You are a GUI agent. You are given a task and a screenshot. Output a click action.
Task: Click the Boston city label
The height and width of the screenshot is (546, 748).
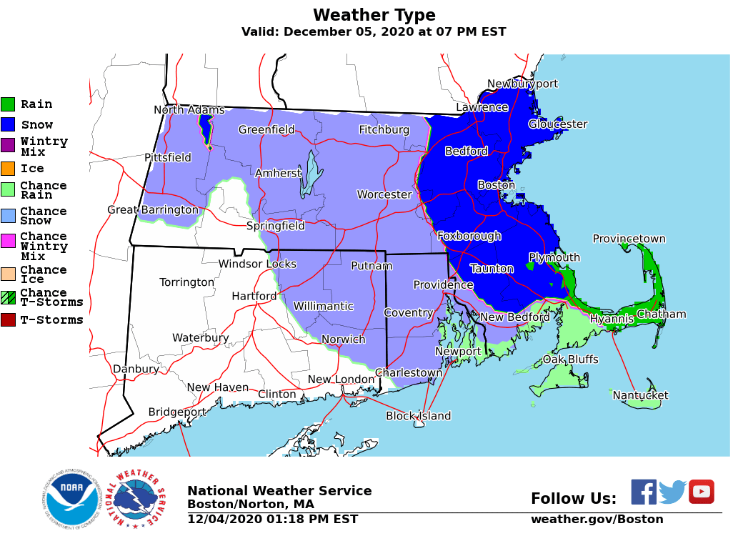click(496, 185)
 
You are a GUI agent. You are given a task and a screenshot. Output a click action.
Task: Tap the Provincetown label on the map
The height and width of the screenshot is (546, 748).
click(629, 239)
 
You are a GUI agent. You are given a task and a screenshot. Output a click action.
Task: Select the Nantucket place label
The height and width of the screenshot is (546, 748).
click(640, 395)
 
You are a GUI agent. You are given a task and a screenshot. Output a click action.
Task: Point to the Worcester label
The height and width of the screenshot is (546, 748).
click(384, 194)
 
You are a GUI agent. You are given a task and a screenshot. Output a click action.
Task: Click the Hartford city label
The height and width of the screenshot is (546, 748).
click(254, 296)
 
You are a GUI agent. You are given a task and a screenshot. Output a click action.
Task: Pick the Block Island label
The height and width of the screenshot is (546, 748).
click(418, 416)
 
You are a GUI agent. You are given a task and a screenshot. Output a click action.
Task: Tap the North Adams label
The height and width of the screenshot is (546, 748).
click(189, 110)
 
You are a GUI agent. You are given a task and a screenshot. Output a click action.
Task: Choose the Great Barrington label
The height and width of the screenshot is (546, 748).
click(152, 209)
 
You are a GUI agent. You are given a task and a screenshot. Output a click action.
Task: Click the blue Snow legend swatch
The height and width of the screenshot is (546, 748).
click(8, 125)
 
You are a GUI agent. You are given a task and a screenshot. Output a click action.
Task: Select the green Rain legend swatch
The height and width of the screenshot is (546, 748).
click(8, 104)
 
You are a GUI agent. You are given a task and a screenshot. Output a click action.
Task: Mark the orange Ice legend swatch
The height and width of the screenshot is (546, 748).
click(8, 169)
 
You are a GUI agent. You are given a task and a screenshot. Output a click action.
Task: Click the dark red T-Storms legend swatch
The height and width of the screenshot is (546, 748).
click(8, 320)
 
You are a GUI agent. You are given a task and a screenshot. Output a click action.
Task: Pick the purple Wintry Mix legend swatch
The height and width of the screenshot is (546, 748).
click(8, 146)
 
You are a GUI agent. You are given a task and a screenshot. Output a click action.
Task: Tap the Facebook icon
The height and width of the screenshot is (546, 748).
click(644, 492)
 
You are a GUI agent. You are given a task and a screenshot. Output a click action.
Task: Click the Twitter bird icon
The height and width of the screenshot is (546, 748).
click(672, 492)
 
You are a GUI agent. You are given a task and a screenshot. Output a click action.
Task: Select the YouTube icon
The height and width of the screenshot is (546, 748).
click(701, 492)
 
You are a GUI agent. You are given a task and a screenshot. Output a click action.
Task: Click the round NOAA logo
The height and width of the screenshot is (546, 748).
click(71, 499)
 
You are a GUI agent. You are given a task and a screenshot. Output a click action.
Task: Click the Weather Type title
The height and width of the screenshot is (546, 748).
click(374, 16)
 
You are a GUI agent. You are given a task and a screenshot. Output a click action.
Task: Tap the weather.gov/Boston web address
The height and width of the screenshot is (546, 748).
click(597, 520)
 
